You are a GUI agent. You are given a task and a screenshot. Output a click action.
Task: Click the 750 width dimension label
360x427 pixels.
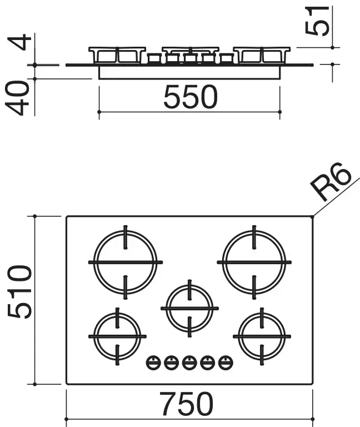(187, 404)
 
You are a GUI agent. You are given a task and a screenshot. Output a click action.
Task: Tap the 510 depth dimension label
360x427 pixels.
(19, 292)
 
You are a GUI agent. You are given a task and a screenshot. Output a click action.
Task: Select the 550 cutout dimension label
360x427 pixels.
(191, 97)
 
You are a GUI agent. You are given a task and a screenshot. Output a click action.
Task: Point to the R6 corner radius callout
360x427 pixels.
(331, 181)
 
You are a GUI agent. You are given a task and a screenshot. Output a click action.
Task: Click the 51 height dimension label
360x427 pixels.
(317, 21)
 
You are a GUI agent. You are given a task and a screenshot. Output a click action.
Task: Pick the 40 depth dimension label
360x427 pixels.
(17, 98)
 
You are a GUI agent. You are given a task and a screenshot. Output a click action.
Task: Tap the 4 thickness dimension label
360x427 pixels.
(19, 42)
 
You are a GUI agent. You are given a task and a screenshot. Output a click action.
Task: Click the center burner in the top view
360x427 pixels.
(189, 309)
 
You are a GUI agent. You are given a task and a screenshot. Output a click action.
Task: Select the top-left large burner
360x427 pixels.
(126, 262)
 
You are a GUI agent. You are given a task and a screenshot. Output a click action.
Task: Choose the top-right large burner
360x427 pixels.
(254, 262)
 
